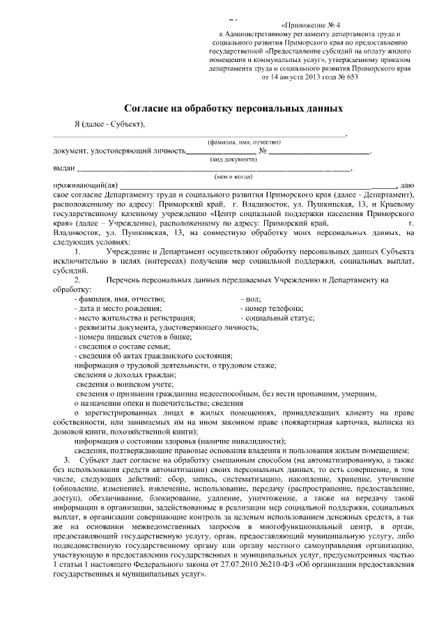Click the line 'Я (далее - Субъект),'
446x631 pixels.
coord(109,124)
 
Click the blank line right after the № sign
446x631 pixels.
coord(320,150)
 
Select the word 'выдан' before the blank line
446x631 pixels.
coord(63,168)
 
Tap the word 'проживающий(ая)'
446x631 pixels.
coord(81,185)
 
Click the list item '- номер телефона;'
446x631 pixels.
coord(272,307)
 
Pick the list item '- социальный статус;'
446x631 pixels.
coord(277,317)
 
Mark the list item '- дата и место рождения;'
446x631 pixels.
coord(118,307)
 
